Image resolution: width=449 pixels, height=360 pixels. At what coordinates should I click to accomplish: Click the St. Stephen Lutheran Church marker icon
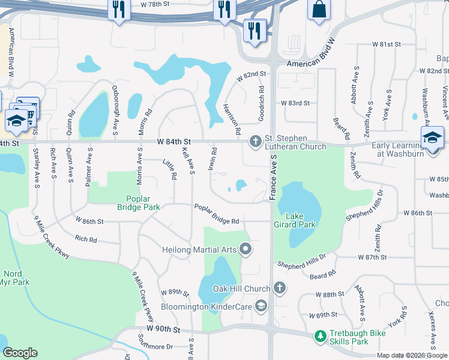(255, 142)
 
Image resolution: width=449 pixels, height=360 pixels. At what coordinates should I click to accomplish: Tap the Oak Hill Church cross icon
(279, 289)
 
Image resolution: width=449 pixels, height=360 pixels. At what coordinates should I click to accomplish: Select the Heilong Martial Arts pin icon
(245, 248)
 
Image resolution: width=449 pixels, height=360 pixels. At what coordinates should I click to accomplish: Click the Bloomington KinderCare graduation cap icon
(261, 307)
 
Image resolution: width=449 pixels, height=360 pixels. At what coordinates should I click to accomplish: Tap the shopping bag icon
(319, 10)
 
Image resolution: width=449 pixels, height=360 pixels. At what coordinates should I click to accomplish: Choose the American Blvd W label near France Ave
(310, 63)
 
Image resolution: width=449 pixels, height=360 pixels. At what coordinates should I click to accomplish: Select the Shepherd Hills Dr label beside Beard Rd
(301, 263)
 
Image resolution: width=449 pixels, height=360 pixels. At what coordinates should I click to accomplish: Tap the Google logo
(20, 353)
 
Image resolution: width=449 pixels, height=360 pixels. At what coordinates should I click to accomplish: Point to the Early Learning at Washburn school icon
(432, 138)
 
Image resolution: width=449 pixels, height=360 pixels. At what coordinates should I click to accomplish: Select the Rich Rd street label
(86, 239)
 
